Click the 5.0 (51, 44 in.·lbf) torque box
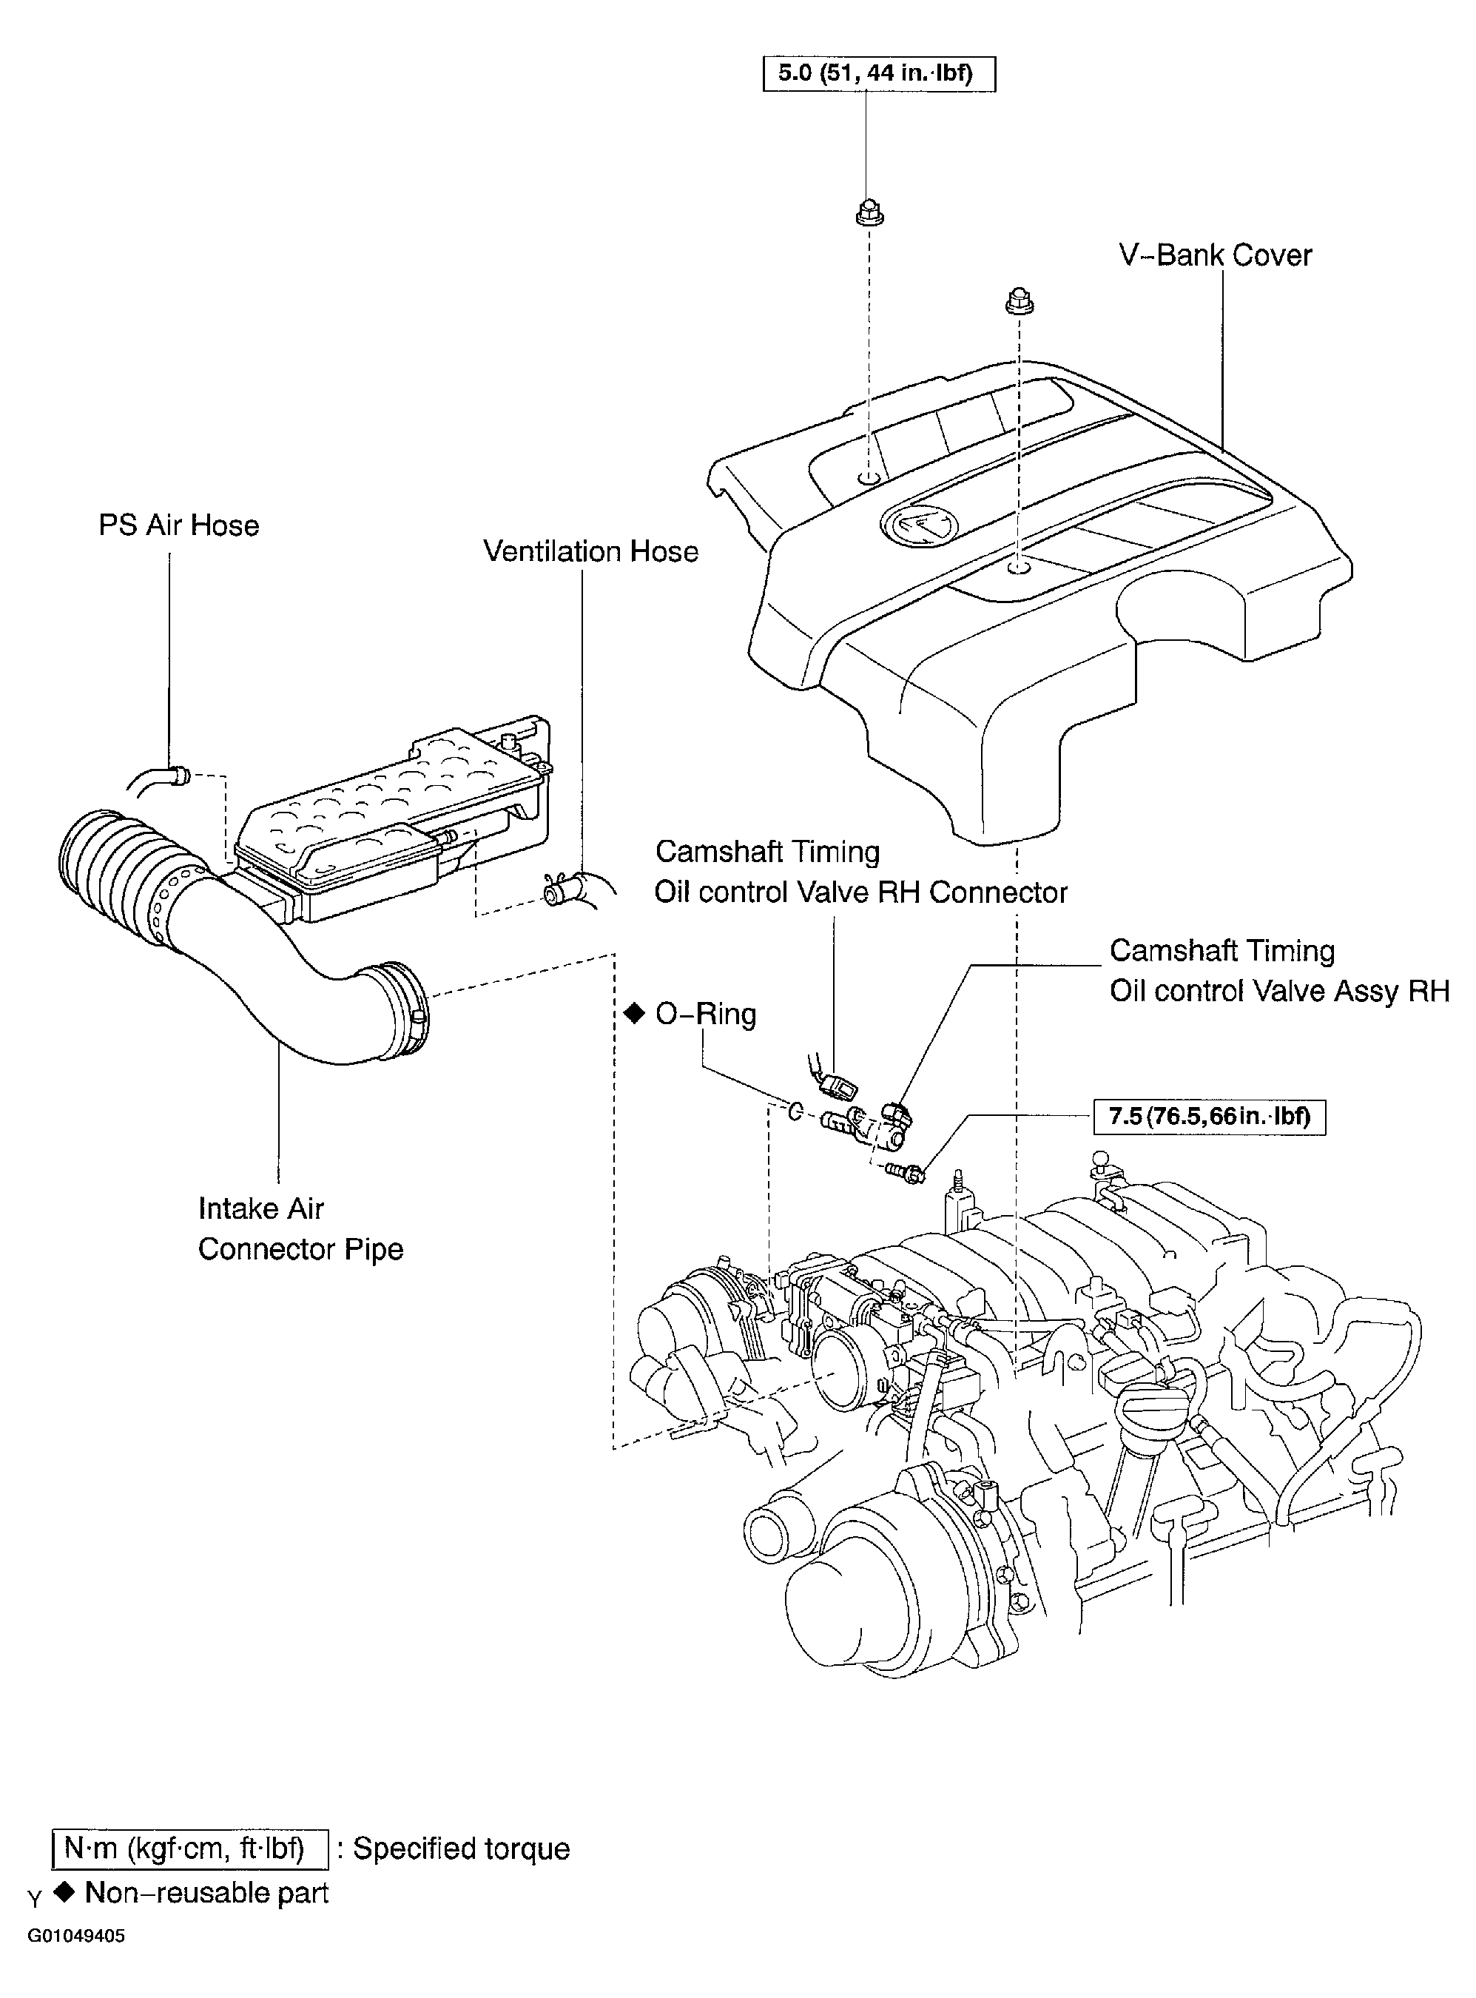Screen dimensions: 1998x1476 tap(878, 74)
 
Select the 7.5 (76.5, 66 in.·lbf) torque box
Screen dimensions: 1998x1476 tap(1210, 1117)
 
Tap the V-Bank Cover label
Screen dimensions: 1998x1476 tap(1215, 255)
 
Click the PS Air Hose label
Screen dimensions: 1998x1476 tap(179, 525)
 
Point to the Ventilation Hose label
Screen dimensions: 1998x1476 tap(590, 551)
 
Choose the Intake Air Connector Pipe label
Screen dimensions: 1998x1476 tap(300, 1228)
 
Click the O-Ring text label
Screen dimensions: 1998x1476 tap(706, 1015)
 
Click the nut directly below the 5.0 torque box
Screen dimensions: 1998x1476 tap(866, 214)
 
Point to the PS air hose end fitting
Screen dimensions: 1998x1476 tap(180, 775)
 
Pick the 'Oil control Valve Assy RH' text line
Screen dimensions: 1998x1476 tap(1278, 991)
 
